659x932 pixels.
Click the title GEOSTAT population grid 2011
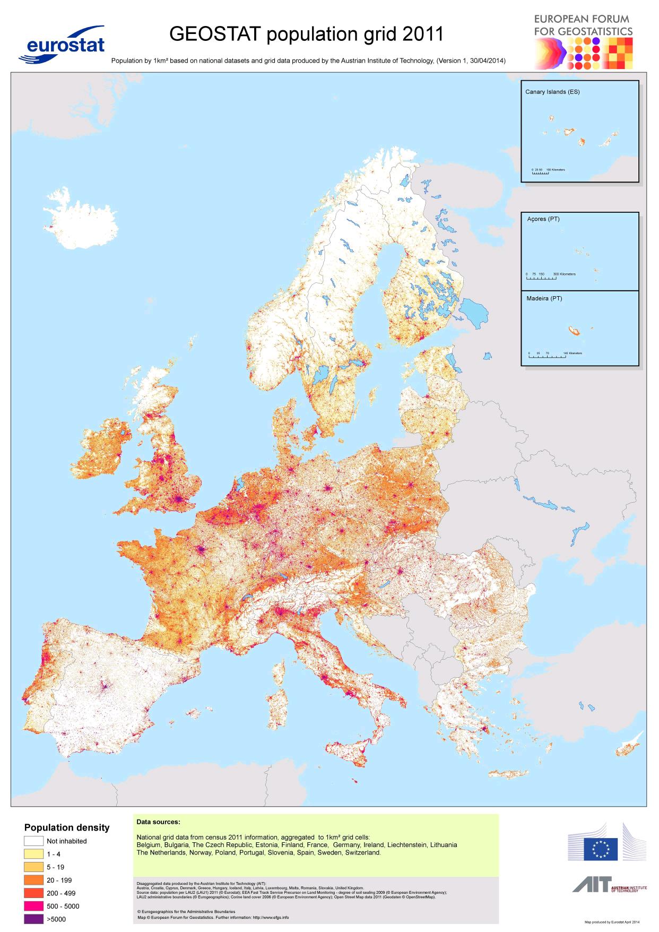point(306,34)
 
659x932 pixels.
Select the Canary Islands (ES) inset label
point(552,92)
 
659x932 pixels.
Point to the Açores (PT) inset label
point(543,219)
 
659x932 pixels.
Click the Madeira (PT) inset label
point(544,298)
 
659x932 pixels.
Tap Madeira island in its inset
point(574,332)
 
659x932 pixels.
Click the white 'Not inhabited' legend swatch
point(33,841)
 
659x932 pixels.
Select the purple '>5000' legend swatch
point(33,919)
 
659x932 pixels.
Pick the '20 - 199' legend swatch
point(33,880)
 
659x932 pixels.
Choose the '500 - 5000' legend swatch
point(33,906)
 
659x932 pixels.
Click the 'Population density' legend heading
point(67,827)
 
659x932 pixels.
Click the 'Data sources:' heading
point(158,822)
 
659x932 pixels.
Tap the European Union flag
point(601,849)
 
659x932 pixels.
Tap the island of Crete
point(509,774)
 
